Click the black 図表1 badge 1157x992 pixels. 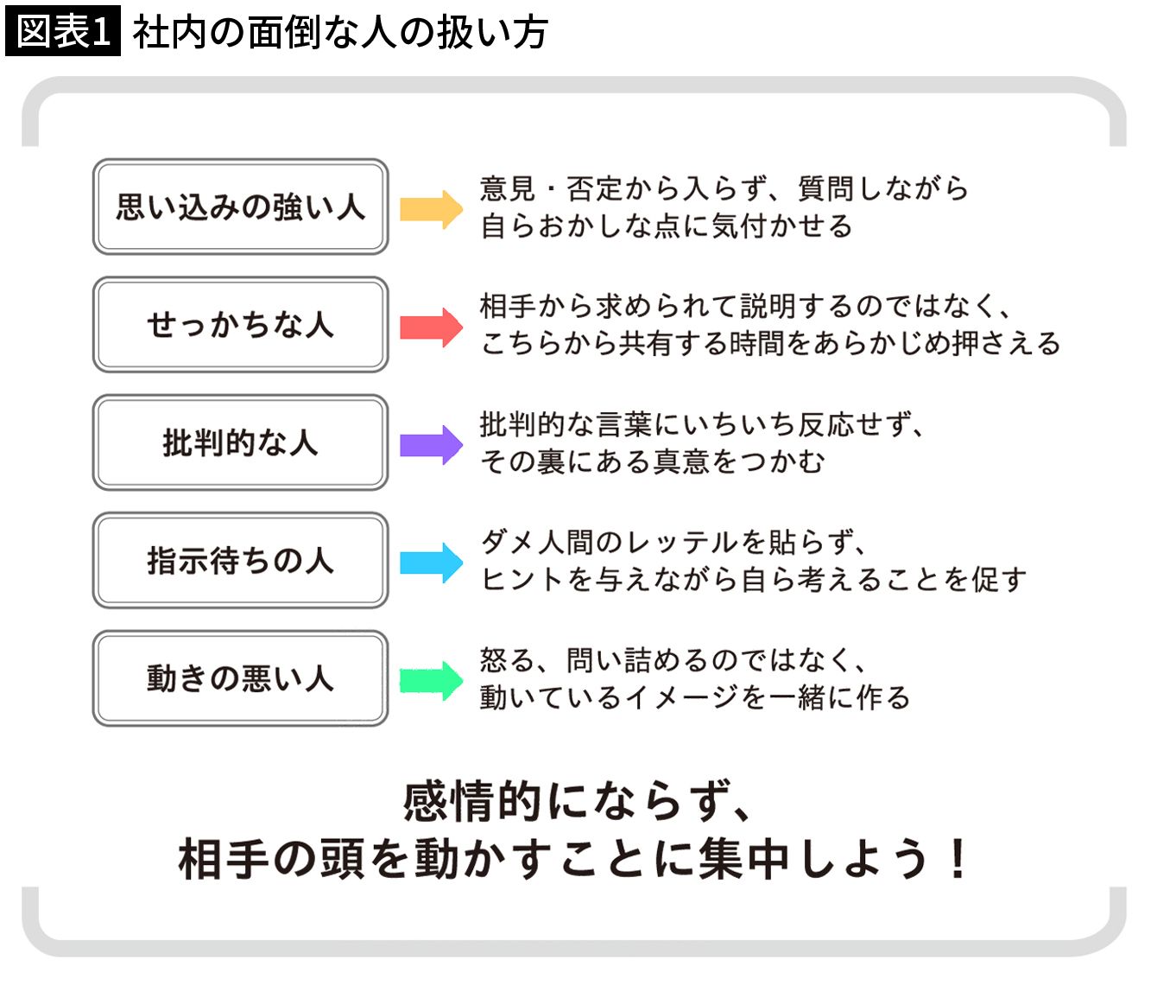tap(62, 32)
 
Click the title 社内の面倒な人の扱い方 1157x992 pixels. tap(340, 33)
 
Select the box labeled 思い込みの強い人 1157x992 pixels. tap(240, 207)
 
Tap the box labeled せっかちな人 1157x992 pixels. tap(240, 325)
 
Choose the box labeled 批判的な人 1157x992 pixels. tap(240, 442)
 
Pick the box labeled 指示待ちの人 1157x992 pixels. tap(240, 560)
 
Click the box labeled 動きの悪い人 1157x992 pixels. tap(240, 678)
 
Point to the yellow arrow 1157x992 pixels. tap(431, 209)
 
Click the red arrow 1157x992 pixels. tap(431, 327)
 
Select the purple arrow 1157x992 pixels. tap(431, 445)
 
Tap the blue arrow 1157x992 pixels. tap(431, 563)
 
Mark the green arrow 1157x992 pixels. tap(431, 680)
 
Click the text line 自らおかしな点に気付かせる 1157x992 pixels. tap(667, 226)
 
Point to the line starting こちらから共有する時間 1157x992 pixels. tap(770, 344)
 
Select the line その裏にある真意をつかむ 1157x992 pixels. tap(653, 462)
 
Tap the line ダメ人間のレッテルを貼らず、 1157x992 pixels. tap(673, 543)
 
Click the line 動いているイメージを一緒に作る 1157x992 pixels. tap(695, 697)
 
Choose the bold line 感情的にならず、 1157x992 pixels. tap(577, 801)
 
